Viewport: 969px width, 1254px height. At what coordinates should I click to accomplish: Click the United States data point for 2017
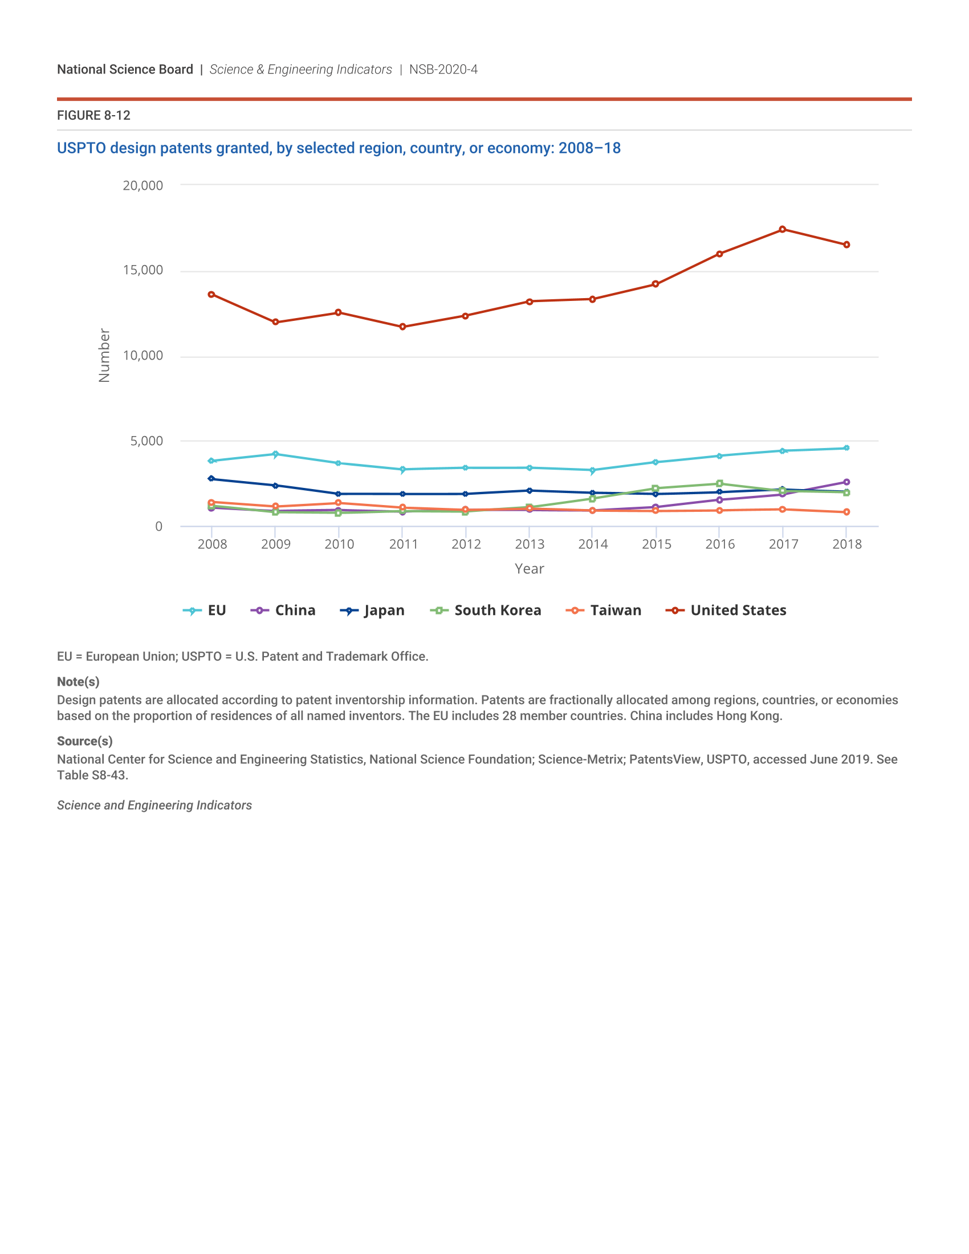(783, 230)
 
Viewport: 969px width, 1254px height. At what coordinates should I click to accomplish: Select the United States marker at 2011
(402, 327)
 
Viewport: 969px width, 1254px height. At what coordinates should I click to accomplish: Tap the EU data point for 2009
(275, 454)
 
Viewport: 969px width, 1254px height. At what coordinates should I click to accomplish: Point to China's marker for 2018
(846, 482)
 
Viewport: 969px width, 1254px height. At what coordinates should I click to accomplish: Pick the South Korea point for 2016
(719, 483)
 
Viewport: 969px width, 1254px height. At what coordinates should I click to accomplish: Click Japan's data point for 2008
(211, 478)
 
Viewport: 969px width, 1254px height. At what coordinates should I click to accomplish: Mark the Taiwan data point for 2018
(846, 512)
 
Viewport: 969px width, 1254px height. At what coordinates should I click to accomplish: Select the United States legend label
(738, 610)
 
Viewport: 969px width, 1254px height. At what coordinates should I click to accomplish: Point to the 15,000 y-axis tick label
(143, 270)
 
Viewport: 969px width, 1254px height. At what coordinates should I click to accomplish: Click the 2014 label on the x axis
(593, 544)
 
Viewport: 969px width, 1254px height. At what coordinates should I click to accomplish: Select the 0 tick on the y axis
(159, 527)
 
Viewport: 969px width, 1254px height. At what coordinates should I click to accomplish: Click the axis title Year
(530, 569)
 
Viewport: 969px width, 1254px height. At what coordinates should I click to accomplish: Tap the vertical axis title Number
(104, 356)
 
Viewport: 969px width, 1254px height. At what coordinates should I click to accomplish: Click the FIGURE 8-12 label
(93, 115)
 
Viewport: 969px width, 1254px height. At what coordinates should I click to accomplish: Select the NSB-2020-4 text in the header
(443, 70)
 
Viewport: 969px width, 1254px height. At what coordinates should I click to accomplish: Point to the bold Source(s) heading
(85, 741)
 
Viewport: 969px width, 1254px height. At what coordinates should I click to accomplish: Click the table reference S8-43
(109, 775)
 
